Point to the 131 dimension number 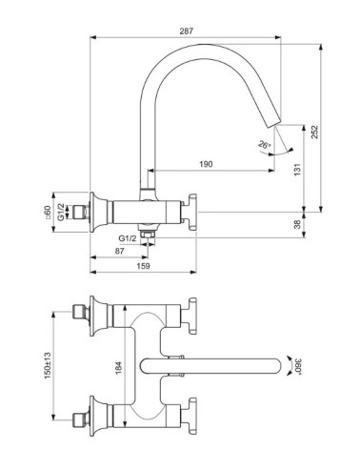click(x=296, y=169)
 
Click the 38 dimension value click(x=296, y=224)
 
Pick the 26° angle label click(x=264, y=146)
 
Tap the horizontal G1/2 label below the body click(x=127, y=238)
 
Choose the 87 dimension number click(x=119, y=250)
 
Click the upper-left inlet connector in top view click(x=81, y=312)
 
